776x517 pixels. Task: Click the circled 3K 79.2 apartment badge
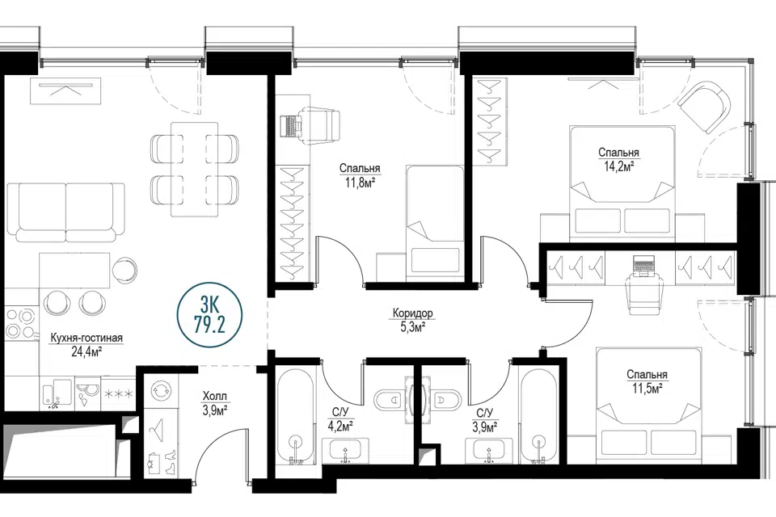210,316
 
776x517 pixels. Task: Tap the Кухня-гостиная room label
86,338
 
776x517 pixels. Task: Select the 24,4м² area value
86,351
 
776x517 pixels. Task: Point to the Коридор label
413,313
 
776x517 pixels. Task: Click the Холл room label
215,396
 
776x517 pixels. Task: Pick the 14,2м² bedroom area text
618,166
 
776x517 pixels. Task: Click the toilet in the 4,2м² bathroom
389,400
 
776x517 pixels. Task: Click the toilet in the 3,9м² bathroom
447,400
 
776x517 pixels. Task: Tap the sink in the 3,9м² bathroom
489,451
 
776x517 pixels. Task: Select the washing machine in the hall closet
162,390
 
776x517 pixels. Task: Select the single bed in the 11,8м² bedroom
435,219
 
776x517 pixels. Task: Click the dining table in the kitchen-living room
194,169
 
